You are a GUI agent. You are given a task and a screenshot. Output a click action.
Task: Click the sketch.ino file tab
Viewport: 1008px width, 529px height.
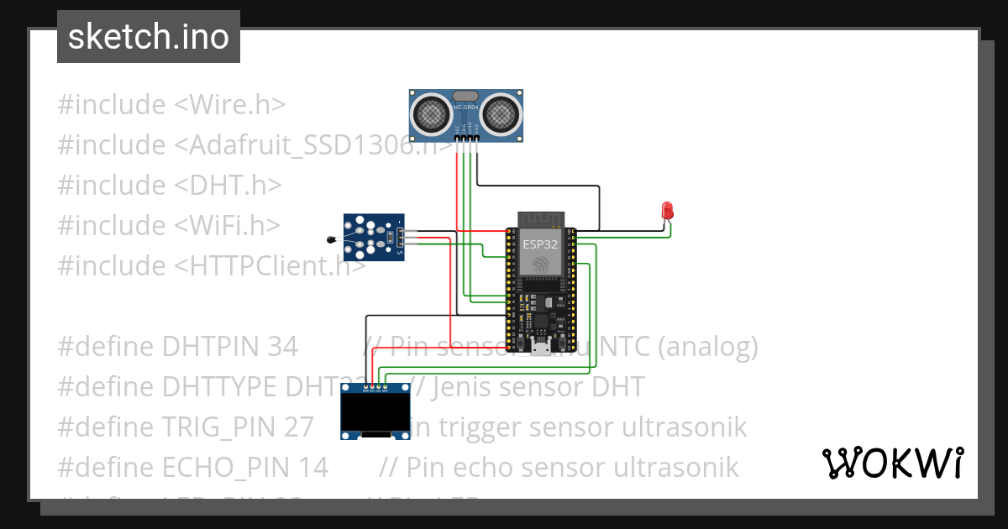pos(149,37)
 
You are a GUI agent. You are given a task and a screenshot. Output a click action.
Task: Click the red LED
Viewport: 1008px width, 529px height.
pos(668,210)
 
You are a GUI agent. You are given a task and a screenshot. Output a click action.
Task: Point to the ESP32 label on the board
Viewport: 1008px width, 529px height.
pos(539,244)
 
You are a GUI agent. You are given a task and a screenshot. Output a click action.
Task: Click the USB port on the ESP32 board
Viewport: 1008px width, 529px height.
pos(541,347)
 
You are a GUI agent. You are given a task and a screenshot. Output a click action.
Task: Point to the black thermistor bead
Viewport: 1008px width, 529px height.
pos(330,241)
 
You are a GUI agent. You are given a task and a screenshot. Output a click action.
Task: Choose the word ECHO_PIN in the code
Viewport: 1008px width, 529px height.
pos(237,467)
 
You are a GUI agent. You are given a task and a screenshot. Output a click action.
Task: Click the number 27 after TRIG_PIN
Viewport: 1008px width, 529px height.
pos(298,427)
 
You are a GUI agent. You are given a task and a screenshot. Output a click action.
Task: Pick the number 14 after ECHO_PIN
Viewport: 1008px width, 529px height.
pos(312,467)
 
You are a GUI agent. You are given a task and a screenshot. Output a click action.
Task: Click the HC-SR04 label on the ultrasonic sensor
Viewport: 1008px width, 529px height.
pos(466,108)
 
